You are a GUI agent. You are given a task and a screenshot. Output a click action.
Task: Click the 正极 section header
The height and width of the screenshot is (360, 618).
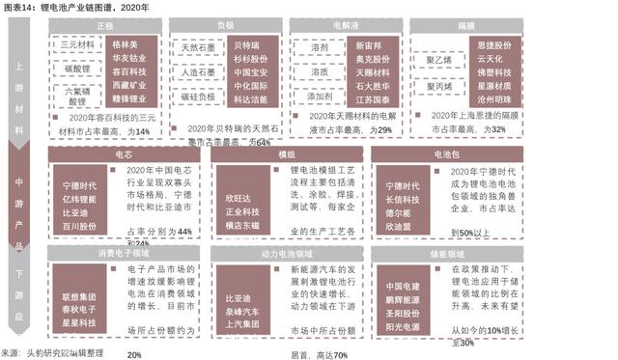click(105, 26)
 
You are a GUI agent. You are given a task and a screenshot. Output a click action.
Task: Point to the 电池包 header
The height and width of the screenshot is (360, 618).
click(447, 152)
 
